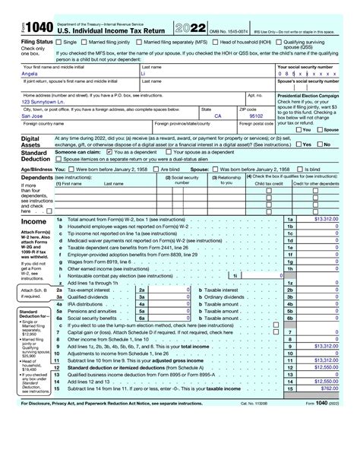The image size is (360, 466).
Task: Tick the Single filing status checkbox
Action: pyautogui.click(x=58, y=43)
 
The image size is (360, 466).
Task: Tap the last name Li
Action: pyautogui.click(x=145, y=74)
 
